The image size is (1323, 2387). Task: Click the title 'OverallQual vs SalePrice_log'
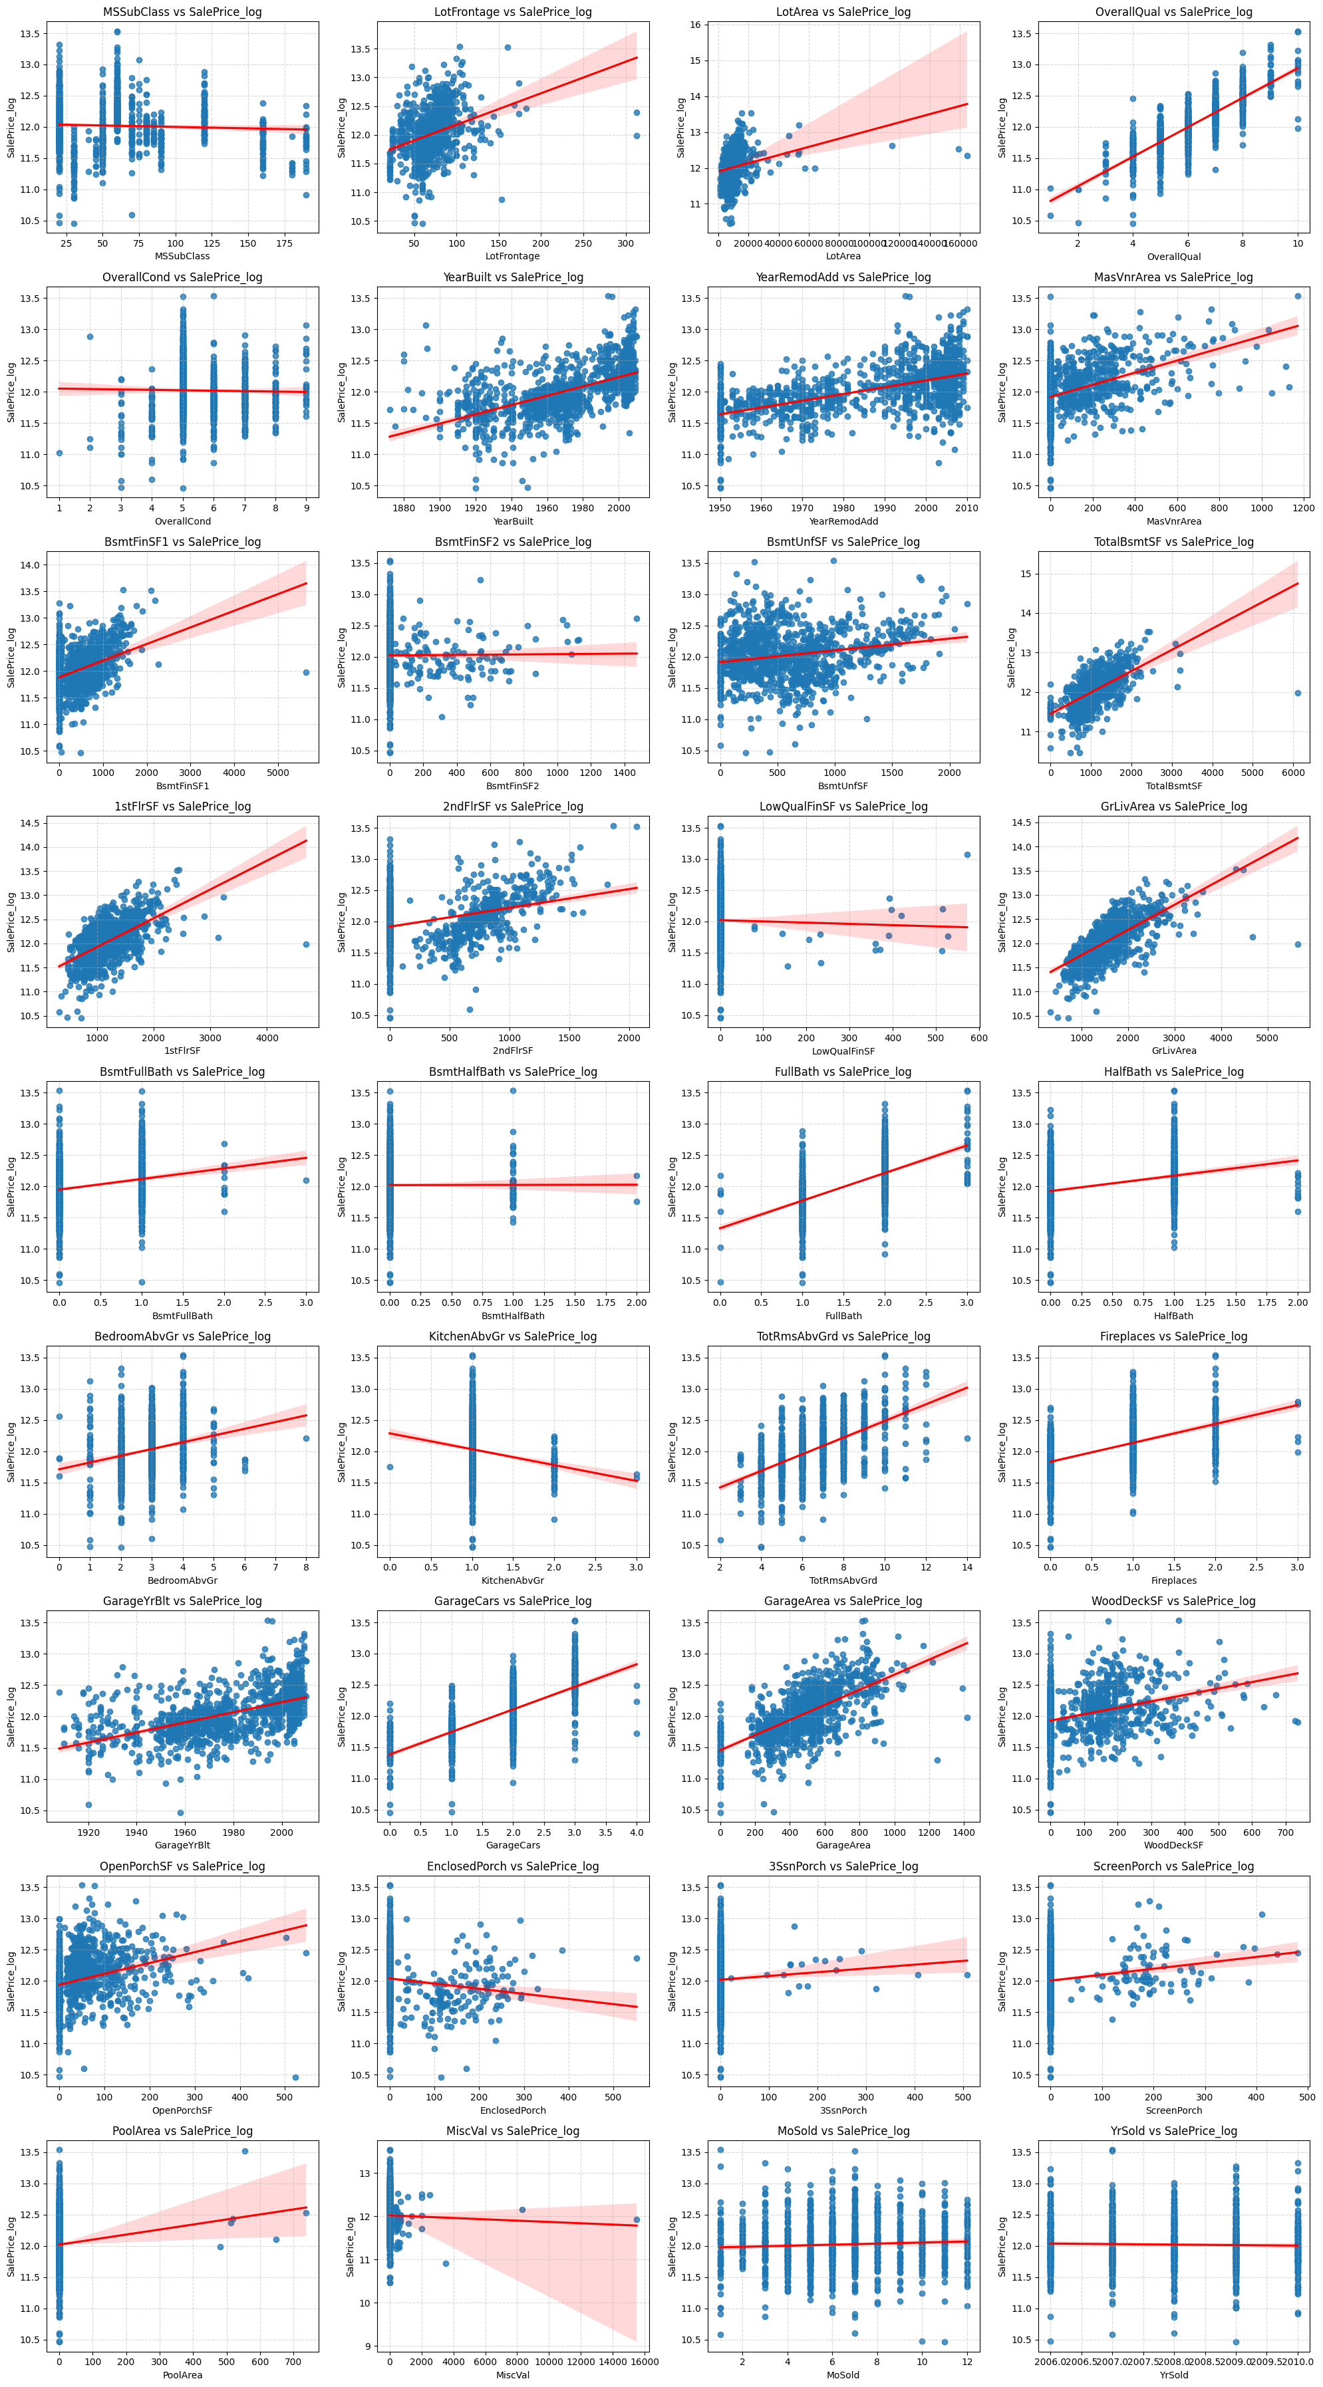click(1173, 12)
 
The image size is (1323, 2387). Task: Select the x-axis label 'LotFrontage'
click(513, 256)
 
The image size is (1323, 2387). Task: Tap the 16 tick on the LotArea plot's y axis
click(694, 25)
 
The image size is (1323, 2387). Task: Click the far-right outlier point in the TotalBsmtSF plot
click(1297, 693)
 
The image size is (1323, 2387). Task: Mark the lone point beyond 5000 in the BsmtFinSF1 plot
click(306, 673)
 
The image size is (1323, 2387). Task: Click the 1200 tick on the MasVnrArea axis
click(1302, 508)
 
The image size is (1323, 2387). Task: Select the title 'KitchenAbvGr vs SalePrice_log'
click(513, 1336)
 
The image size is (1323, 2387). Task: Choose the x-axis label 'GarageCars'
click(513, 1845)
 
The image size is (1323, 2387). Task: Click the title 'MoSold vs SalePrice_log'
click(843, 2131)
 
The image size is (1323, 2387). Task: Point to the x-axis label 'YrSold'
click(1173, 2375)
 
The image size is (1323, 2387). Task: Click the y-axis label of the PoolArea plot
click(11, 2245)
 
